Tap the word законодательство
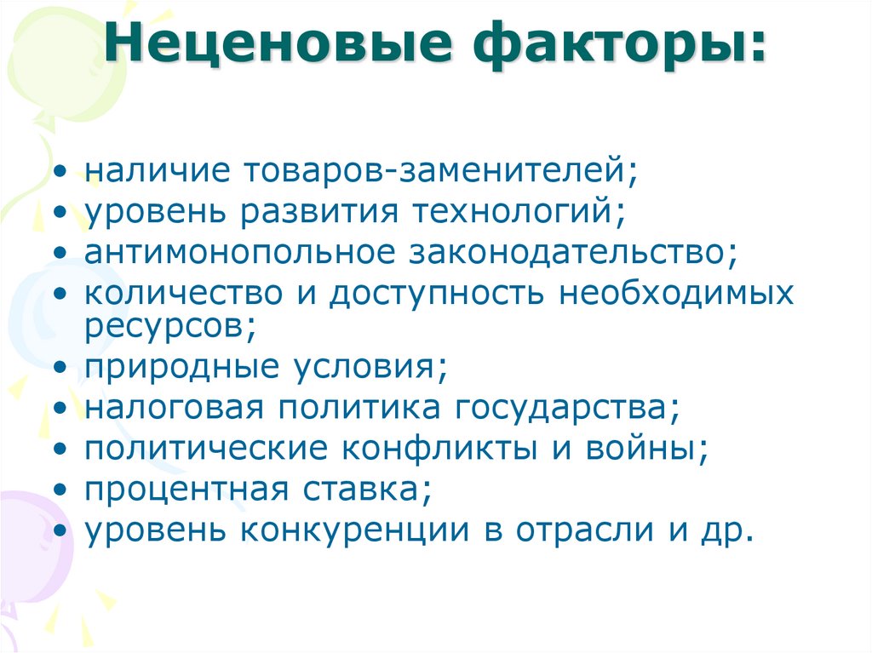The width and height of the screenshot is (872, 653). (571, 251)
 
